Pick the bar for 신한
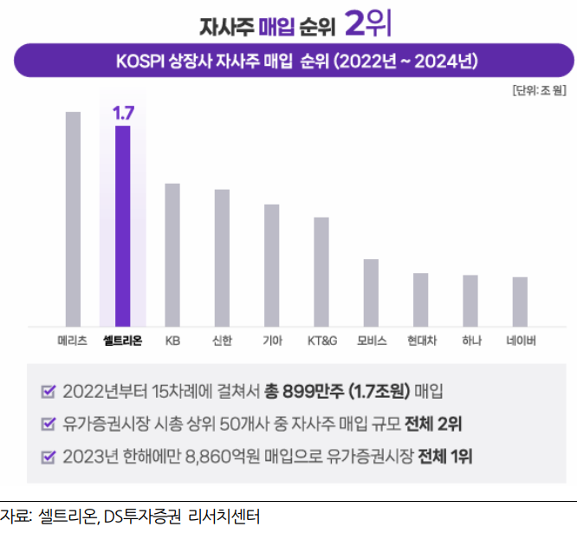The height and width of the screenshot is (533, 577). tap(222, 257)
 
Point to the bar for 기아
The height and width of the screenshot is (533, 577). tap(271, 264)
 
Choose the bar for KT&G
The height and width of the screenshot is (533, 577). tap(321, 271)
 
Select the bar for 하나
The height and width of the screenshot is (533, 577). tap(470, 300)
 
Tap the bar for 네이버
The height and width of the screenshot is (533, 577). tap(520, 301)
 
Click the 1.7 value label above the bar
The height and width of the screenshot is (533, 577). tap(122, 113)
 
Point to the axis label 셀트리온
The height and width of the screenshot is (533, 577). tap(122, 341)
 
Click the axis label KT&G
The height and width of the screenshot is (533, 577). tap(321, 341)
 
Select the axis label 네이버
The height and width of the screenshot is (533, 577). tap(520, 341)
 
